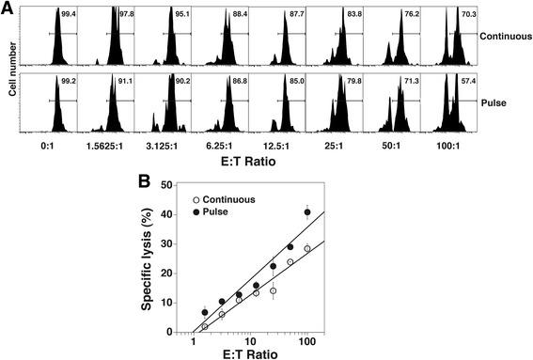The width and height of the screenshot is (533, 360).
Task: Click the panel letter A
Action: click(x=8, y=8)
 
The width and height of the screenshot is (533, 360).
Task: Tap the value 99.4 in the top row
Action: click(x=67, y=14)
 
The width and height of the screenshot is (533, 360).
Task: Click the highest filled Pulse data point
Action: click(x=307, y=212)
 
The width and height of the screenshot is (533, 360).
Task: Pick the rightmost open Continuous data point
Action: click(x=307, y=248)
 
